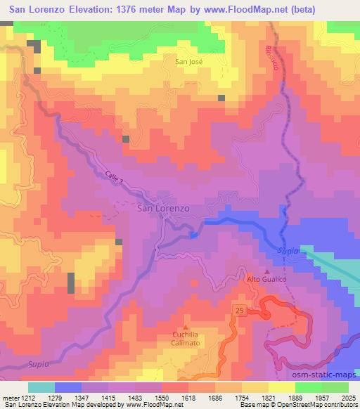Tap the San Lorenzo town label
click(163, 208)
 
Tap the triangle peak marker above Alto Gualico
click(267, 271)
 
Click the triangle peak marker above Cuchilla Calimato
click(186, 327)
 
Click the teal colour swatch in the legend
click(41, 387)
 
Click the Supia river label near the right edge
click(287, 251)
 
